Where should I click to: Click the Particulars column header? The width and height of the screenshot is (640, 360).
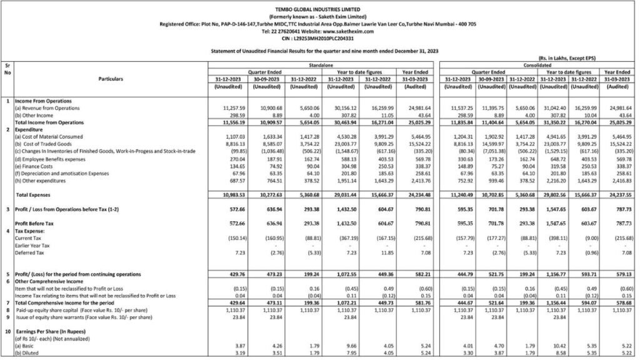[x=111, y=79]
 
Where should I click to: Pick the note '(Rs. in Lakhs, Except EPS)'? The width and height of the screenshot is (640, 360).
[x=566, y=57]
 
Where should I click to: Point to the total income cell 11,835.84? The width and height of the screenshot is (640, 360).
[x=456, y=122]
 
